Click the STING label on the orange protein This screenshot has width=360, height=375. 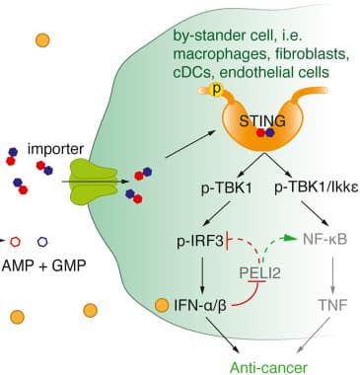point(264,121)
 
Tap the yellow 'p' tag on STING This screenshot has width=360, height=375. point(217,88)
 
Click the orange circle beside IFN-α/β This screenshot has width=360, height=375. point(162,321)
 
